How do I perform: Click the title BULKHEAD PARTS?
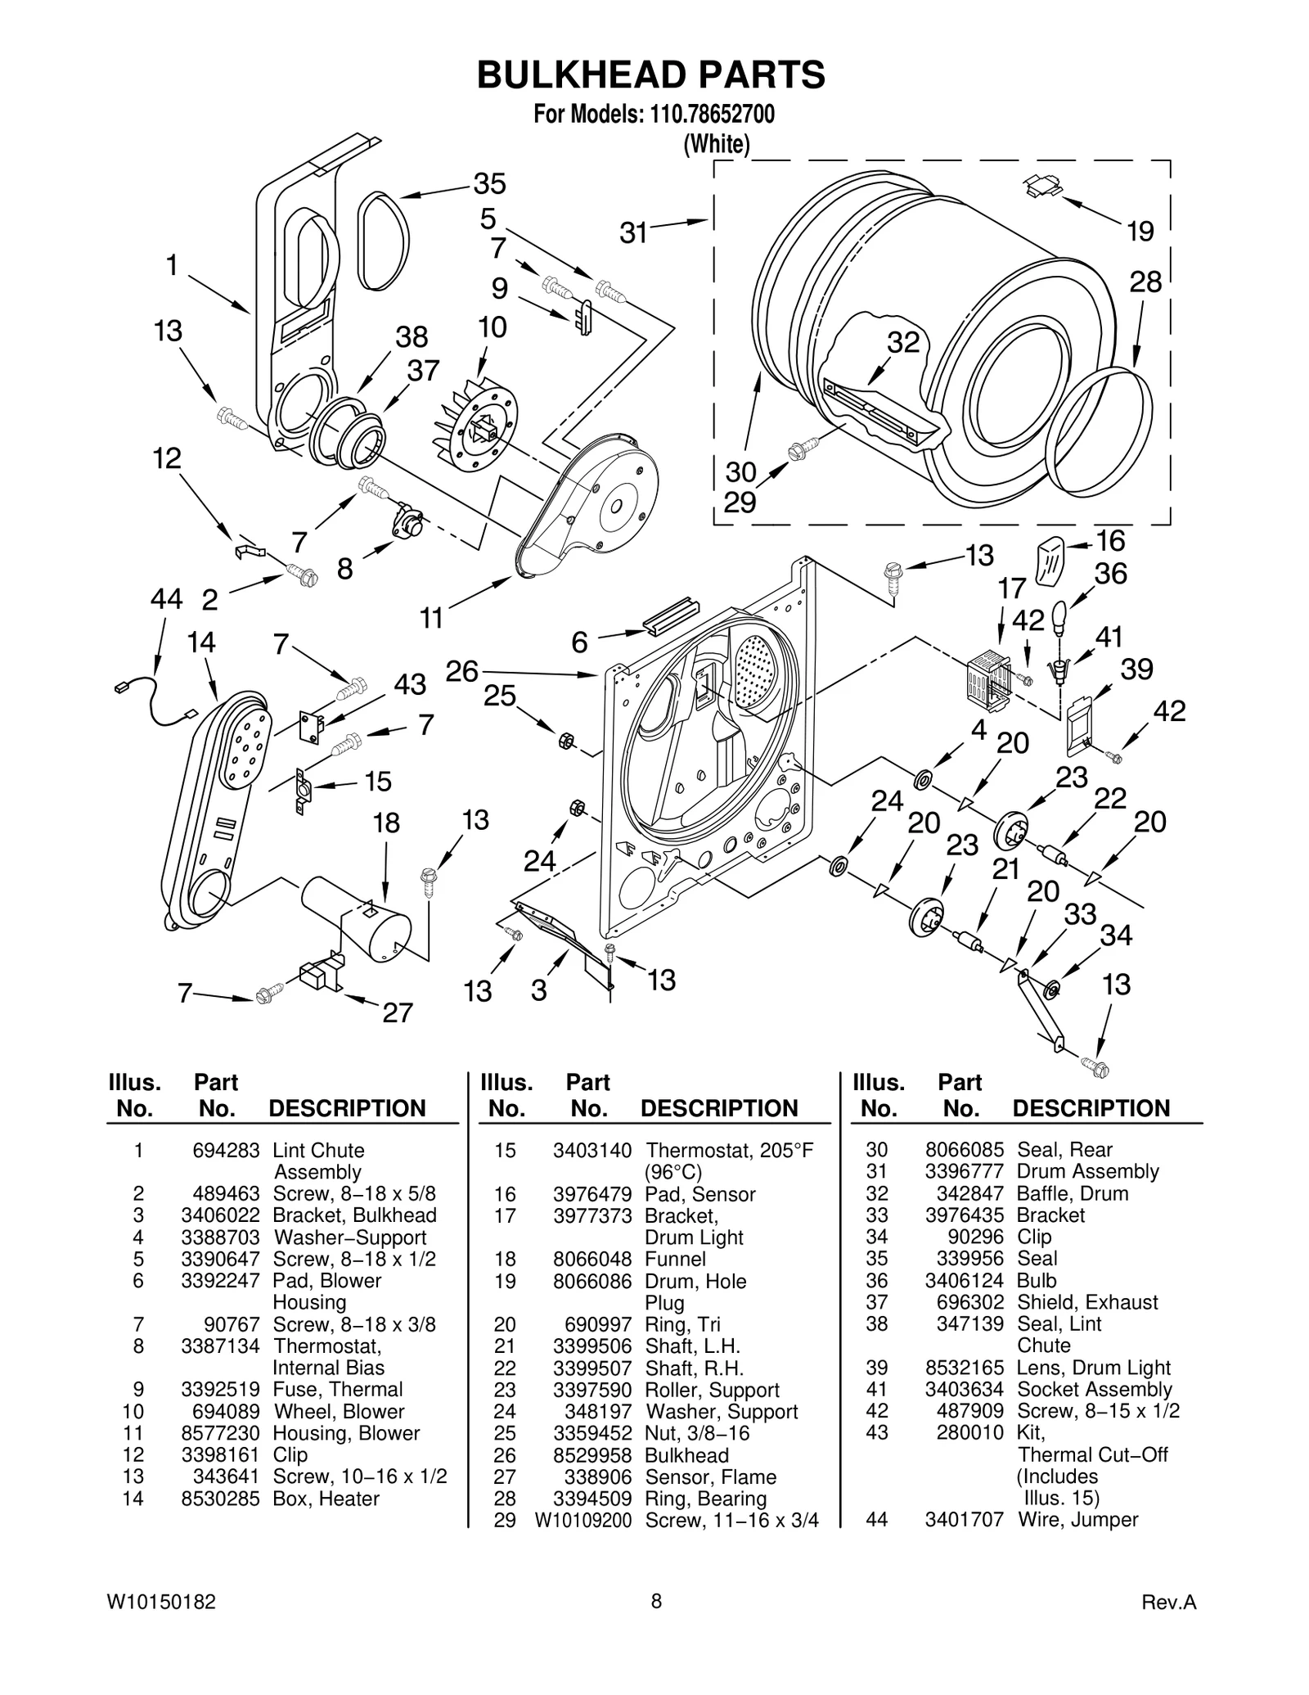[651, 75]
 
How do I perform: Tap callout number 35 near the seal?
[490, 183]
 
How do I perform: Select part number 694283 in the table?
[226, 1150]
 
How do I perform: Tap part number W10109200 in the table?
[583, 1520]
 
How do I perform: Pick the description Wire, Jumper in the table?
[1077, 1519]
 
